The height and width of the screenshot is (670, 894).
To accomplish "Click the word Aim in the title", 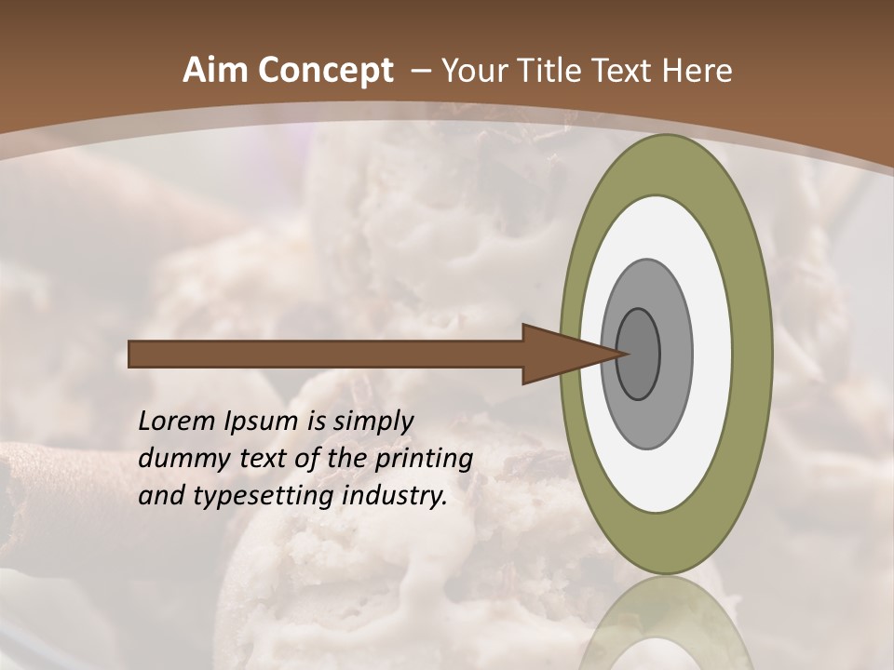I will [x=216, y=71].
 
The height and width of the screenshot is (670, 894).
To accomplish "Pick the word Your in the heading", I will [x=474, y=71].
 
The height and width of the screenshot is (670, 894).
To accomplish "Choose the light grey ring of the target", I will [x=674, y=354].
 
